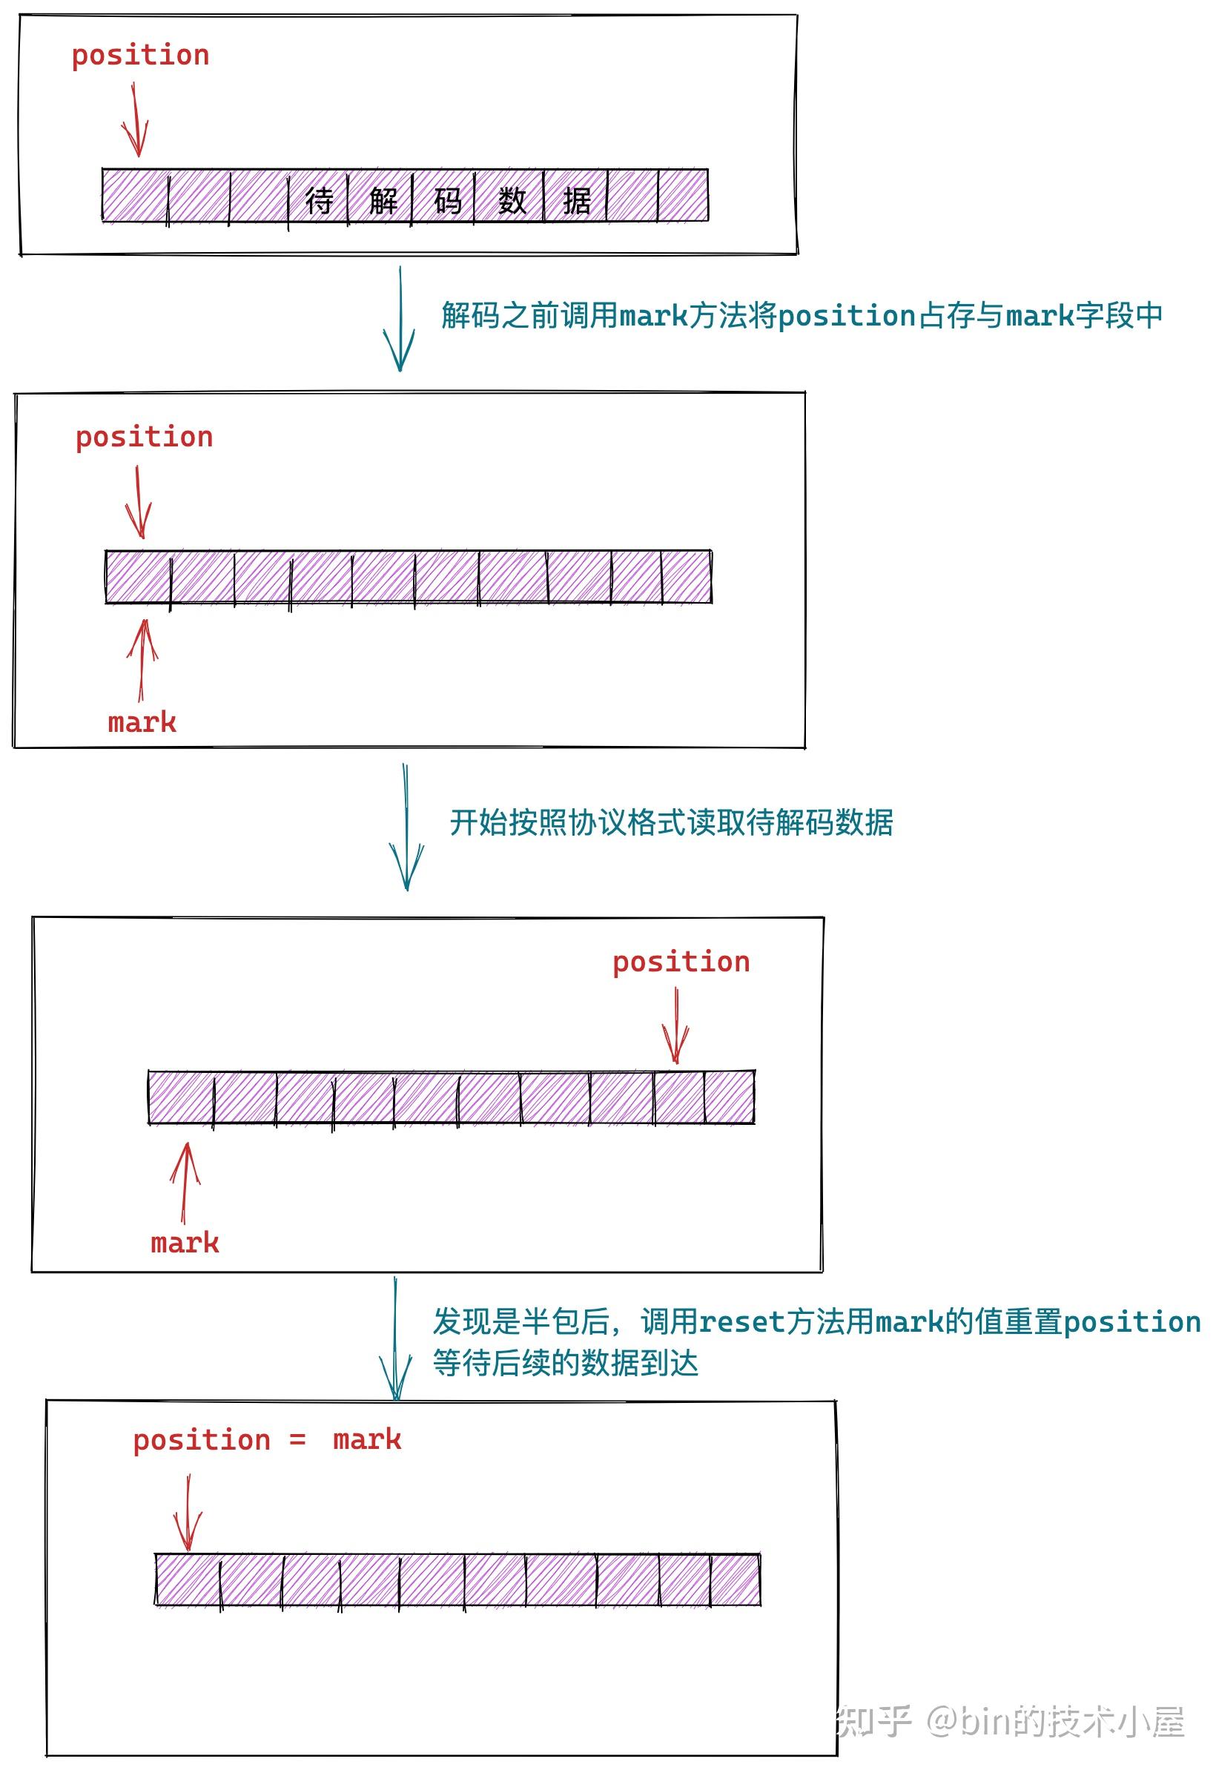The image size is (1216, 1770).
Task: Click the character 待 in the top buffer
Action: click(320, 201)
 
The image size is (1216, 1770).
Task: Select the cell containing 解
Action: click(383, 201)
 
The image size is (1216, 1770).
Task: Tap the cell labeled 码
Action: click(447, 201)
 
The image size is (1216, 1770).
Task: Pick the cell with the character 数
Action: click(511, 201)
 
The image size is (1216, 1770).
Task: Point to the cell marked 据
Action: click(576, 201)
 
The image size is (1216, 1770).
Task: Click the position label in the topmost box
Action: click(140, 56)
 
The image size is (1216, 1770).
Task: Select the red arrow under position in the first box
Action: click(136, 120)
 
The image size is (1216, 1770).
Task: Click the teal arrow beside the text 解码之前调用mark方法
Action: click(399, 320)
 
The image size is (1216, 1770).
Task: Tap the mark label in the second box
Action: click(142, 722)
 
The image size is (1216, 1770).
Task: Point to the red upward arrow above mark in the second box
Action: click(142, 659)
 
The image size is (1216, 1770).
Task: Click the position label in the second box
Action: click(144, 437)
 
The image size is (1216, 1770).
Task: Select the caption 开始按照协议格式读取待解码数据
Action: click(671, 823)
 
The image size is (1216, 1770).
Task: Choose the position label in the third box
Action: click(681, 962)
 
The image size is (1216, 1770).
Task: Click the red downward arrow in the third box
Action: click(675, 1026)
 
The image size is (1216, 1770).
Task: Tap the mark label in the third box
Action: click(185, 1244)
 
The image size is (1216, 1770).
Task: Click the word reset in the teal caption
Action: click(741, 1322)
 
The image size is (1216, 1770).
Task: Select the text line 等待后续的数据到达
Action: click(565, 1363)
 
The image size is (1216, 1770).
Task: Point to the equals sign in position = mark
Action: click(297, 1440)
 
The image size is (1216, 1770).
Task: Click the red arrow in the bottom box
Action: click(188, 1513)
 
